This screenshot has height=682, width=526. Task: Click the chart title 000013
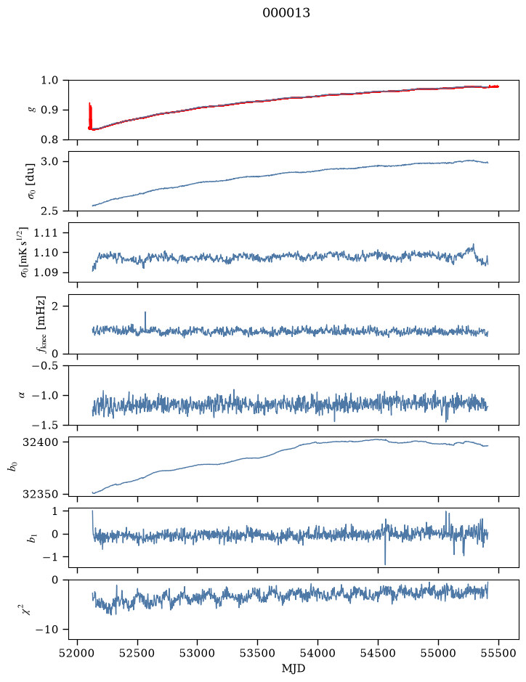coord(286,13)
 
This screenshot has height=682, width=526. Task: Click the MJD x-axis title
coord(294,668)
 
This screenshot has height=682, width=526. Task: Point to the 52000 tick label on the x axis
coord(78,654)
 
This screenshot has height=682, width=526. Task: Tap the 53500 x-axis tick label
coord(258,654)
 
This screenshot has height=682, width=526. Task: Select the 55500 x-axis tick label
coord(498,654)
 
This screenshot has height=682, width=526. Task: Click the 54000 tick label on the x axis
coord(317,654)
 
